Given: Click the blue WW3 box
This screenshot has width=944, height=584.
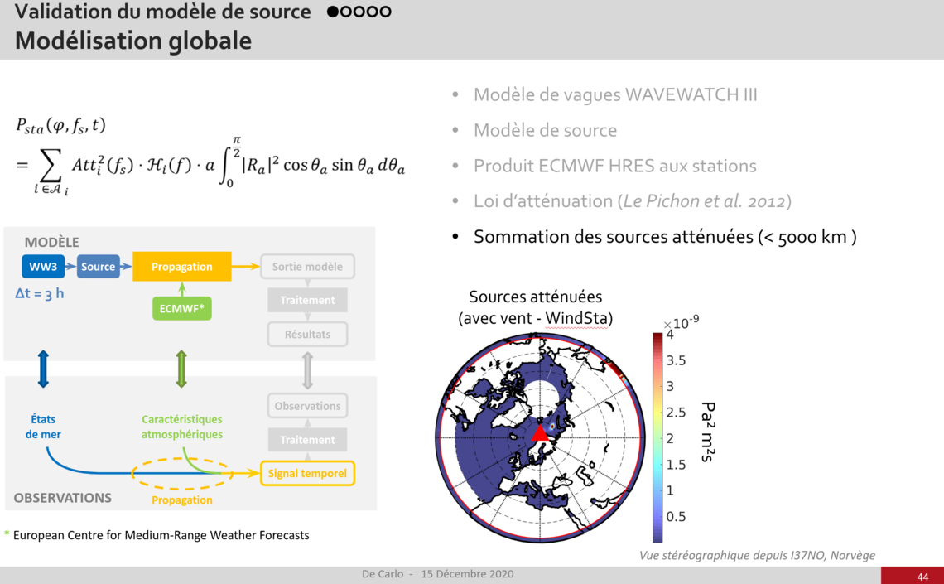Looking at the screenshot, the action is coord(43,267).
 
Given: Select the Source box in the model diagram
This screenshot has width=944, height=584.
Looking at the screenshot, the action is coord(99,267).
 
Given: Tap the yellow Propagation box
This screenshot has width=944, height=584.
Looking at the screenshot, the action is coord(182,266).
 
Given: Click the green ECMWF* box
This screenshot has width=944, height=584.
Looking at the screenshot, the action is coord(182,308).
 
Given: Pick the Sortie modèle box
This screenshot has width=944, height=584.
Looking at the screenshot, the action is coord(307,266).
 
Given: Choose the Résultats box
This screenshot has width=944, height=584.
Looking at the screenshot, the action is coord(307,334).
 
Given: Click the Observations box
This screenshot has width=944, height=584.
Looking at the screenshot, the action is coord(307,406).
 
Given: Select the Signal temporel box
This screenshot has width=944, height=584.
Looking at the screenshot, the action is coord(307,473).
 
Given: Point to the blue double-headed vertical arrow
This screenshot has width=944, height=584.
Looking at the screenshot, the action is coord(43,369).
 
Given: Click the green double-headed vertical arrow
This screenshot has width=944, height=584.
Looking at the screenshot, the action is coord(181,369).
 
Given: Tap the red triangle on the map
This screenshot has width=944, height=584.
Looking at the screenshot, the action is coord(540,433).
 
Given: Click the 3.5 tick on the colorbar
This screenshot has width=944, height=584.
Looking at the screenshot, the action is coord(676,360).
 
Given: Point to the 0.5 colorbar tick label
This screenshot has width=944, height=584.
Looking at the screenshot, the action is coord(676,517).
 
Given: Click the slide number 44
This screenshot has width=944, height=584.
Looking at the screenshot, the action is coord(923,577).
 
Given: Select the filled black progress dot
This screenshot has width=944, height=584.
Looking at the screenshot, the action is coord(332,12).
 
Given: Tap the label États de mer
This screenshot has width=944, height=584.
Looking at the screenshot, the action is coord(43,427).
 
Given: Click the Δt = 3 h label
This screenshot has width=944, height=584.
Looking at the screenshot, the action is coord(39,294).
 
